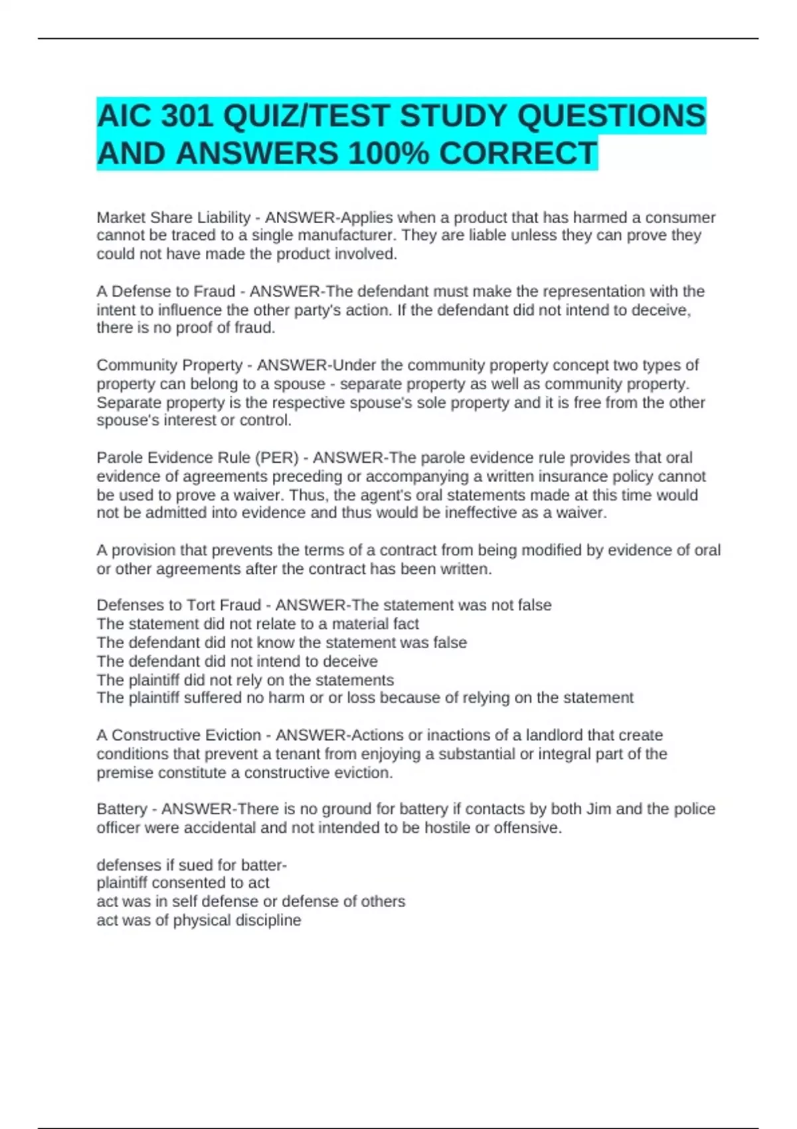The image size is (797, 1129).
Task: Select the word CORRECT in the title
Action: (x=517, y=154)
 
